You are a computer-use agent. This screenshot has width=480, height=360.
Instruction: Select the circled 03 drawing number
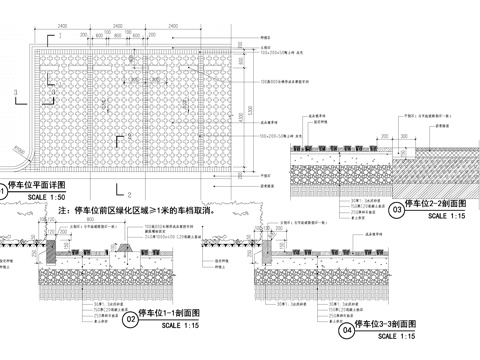coord(397,209)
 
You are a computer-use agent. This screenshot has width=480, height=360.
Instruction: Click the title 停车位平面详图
coord(36,186)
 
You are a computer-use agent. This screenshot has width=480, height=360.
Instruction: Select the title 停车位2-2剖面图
coord(439,205)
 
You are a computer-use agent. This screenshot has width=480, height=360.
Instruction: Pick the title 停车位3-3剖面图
coord(390,324)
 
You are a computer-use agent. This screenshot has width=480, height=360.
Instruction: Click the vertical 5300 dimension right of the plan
coord(243,117)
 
